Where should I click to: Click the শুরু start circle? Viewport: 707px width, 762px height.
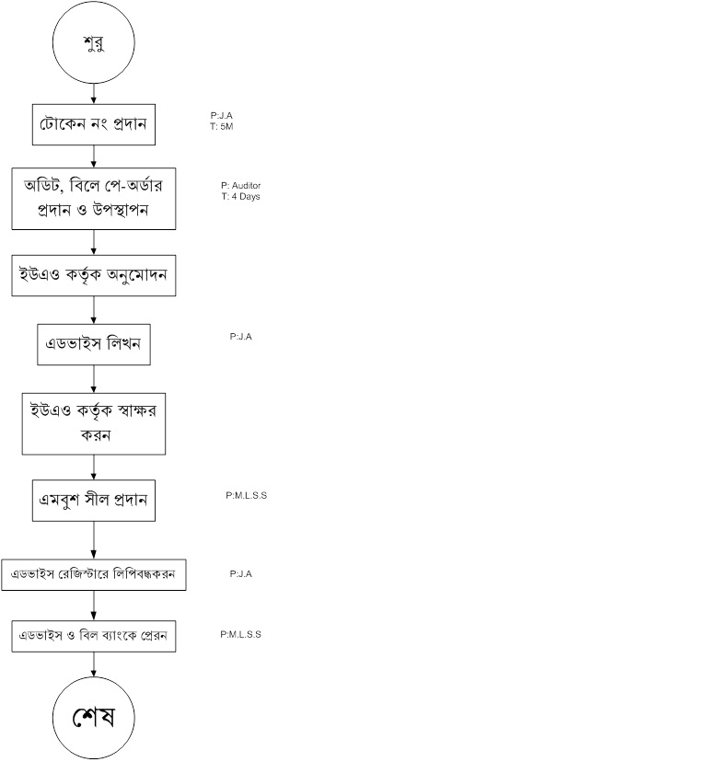[x=94, y=43]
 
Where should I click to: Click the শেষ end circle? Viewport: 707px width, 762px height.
[x=94, y=718]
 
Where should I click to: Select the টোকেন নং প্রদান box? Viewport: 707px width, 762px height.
[x=94, y=123]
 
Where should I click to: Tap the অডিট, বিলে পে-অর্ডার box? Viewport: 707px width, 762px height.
[x=94, y=197]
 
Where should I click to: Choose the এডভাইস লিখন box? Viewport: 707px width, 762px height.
[x=94, y=344]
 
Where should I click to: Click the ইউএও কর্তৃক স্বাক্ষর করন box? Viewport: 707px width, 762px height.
[x=94, y=424]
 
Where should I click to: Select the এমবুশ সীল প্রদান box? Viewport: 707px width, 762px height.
[x=94, y=501]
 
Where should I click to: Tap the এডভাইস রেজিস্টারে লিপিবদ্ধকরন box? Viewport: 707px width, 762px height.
[x=94, y=573]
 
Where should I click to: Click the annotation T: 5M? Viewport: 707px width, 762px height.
[x=223, y=126]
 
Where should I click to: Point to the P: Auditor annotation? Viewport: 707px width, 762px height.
[x=240, y=186]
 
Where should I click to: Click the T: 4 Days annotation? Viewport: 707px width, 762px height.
[x=239, y=196]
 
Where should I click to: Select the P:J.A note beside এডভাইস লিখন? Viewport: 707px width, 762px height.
[x=241, y=337]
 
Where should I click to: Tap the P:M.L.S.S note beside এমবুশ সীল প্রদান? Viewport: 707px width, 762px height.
[x=247, y=495]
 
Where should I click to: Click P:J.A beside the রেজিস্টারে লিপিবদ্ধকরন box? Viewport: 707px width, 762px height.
[x=241, y=573]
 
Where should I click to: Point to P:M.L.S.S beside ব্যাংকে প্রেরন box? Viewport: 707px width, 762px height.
[x=241, y=634]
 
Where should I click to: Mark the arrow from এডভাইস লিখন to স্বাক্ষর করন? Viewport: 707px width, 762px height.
[x=94, y=378]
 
